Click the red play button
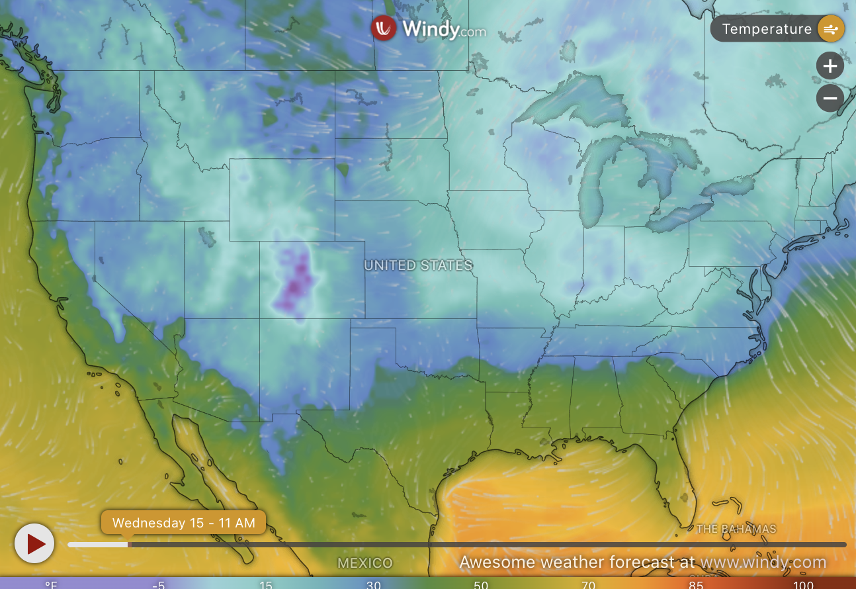click(34, 543)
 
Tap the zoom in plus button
click(830, 66)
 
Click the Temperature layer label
click(766, 29)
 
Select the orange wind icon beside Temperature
click(831, 29)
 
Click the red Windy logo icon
click(384, 28)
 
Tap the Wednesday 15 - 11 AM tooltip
click(183, 523)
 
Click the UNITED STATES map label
click(418, 265)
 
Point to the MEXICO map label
click(365, 563)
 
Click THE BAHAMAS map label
click(736, 529)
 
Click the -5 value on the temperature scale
click(158, 584)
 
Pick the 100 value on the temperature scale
click(803, 584)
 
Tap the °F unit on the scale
click(51, 584)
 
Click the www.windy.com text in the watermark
click(763, 563)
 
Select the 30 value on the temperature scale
click(373, 584)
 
